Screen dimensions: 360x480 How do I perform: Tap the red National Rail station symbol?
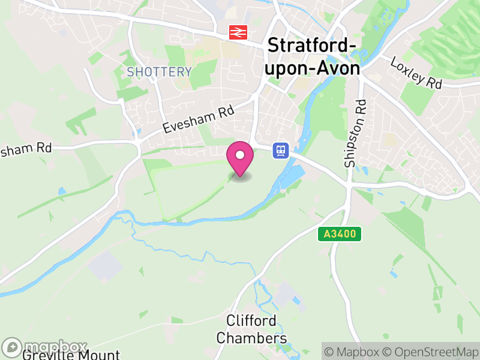coord(237,32)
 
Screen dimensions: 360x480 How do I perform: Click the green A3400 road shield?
coord(340,234)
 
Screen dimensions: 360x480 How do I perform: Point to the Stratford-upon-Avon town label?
coord(313,56)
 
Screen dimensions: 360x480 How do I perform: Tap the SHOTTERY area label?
coord(160,73)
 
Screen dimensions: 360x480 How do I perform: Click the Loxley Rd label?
coord(416,73)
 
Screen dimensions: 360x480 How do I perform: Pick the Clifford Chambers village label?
coord(252,329)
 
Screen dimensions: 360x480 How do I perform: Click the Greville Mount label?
coord(71,355)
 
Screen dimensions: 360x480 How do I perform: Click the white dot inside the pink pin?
coord(240,155)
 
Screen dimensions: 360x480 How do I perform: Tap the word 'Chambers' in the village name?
coord(252,338)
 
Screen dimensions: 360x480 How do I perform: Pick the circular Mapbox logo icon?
coord(13,347)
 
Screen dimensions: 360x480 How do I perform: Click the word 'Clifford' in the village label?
coord(252,321)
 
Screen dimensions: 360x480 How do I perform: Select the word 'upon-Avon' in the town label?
coord(313,68)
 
